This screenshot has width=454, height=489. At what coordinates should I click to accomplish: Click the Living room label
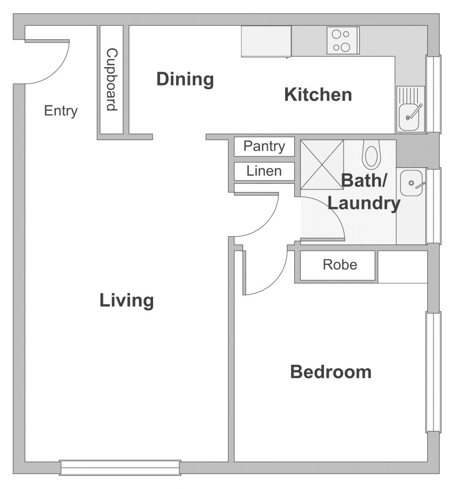[x=127, y=300]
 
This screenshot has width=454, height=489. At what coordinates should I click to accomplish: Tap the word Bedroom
[x=331, y=372]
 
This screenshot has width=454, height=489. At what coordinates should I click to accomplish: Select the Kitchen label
[x=318, y=95]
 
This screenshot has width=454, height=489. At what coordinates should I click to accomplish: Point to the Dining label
[x=185, y=79]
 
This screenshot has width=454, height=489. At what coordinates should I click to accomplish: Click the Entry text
[x=61, y=111]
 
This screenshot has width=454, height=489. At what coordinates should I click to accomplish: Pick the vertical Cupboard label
[x=111, y=80]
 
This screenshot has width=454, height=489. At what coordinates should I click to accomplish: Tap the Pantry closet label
[x=265, y=146]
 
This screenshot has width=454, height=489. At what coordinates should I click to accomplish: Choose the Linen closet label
[x=264, y=171]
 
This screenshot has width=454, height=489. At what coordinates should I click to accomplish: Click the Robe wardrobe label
[x=340, y=265]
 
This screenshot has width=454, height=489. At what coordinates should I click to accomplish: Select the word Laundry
[x=364, y=203]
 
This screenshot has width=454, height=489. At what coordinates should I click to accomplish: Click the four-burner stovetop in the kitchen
[x=343, y=41]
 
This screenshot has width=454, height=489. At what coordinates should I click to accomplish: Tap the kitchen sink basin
[x=409, y=117]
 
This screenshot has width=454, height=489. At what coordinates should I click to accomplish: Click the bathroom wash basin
[x=412, y=183]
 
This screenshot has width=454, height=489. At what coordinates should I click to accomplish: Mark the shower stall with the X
[x=322, y=165]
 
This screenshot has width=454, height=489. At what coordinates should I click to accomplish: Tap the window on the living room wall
[x=120, y=468]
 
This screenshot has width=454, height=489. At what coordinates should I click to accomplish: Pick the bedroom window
[x=434, y=372]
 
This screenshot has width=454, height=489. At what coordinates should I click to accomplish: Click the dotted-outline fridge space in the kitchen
[x=266, y=42]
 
